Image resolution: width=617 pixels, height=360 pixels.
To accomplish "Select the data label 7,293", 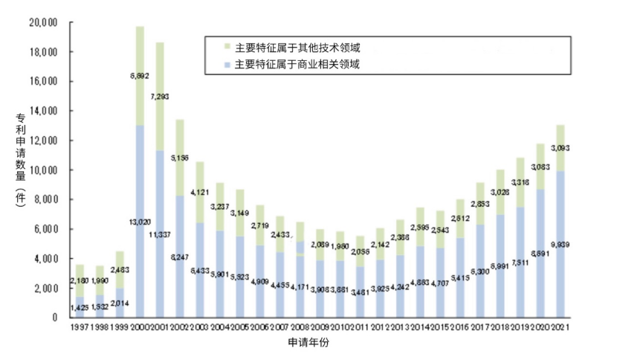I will click(x=160, y=95).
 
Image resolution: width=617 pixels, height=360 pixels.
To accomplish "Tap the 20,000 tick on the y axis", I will click(x=42, y=23).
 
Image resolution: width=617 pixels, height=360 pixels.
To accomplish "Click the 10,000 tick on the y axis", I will click(x=42, y=170).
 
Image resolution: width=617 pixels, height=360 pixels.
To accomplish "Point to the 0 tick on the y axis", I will click(x=55, y=318).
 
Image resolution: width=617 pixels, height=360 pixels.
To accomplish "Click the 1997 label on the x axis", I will click(x=82, y=327).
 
